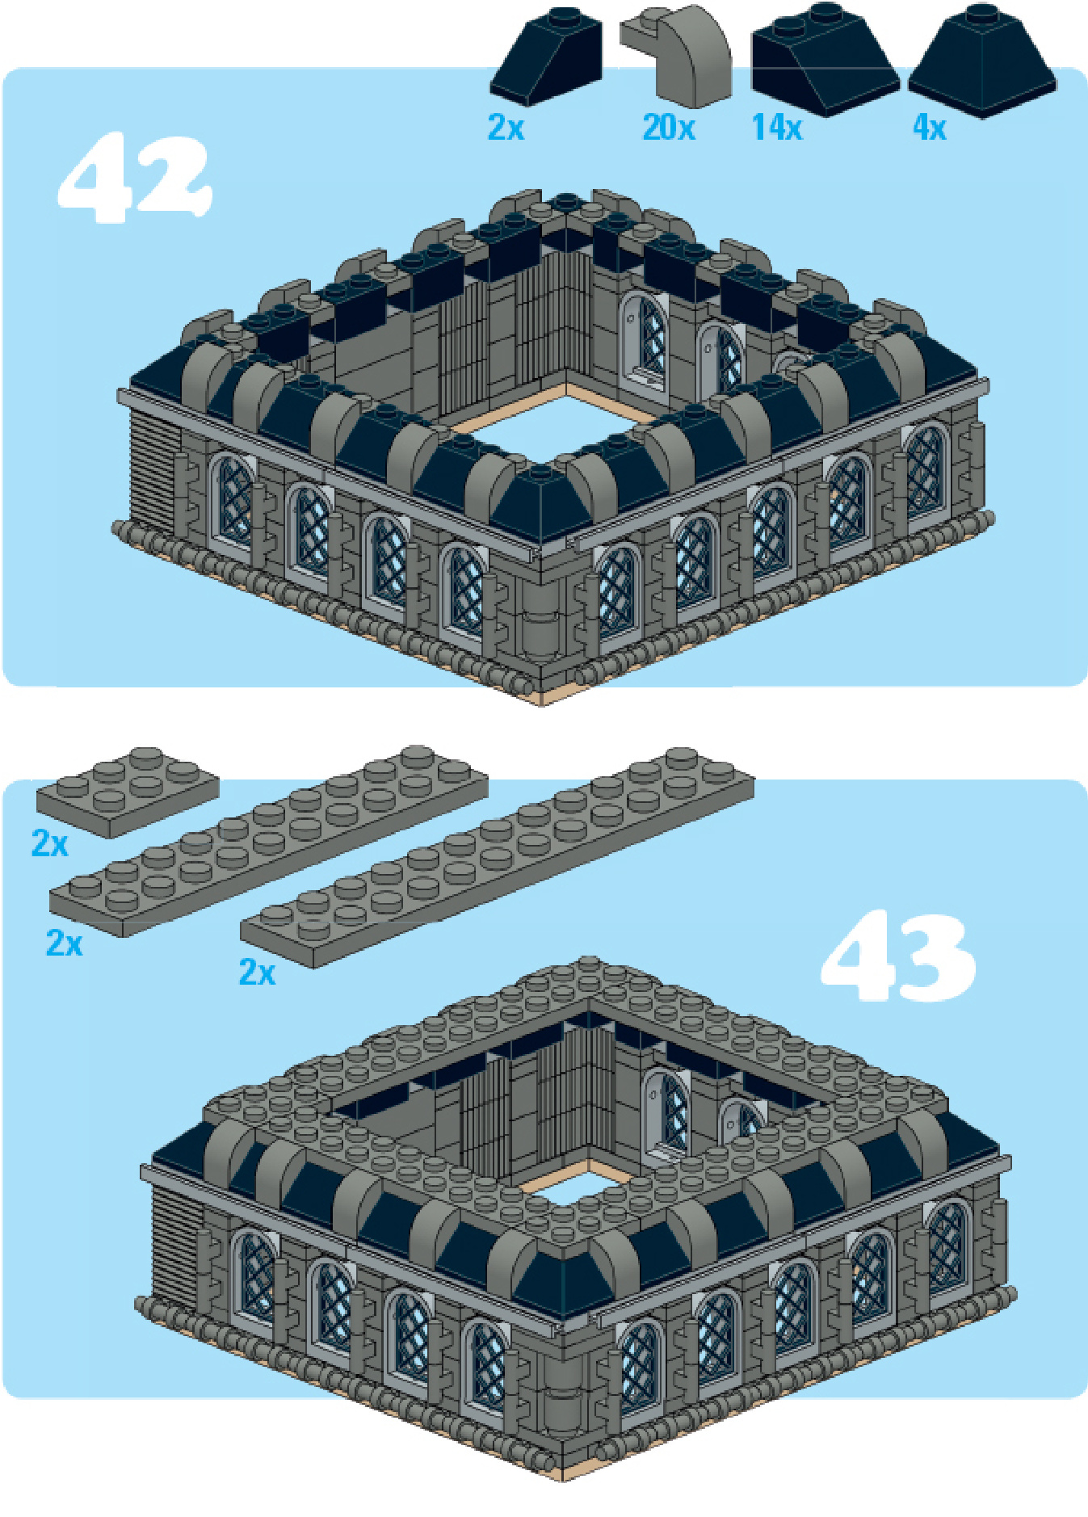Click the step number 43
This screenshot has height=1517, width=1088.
[899, 956]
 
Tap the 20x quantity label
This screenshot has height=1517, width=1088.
[669, 128]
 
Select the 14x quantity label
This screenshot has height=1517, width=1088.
[777, 128]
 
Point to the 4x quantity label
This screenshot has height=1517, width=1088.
[929, 128]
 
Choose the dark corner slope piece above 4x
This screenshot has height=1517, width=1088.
[982, 61]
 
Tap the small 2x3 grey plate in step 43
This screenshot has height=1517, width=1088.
[127, 791]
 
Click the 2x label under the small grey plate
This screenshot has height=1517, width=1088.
[49, 843]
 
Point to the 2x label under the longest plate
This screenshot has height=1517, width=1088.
[257, 972]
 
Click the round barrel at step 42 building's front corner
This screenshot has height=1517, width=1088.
[540, 620]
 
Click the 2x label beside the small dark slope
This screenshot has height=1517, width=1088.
[506, 128]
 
